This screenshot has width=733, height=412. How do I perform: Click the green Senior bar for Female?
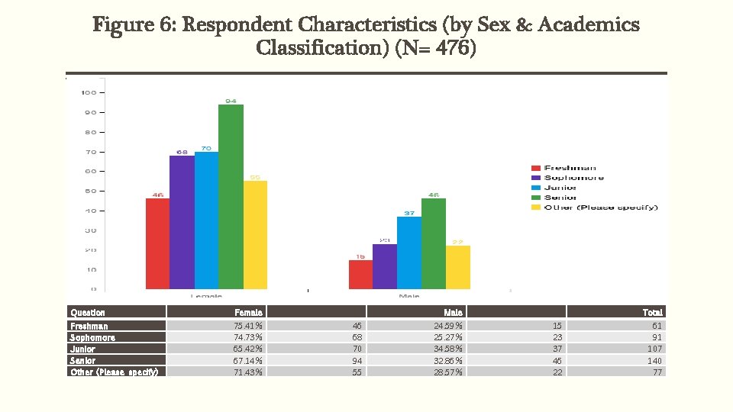pos(231,196)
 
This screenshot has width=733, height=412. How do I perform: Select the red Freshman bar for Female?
pos(157,243)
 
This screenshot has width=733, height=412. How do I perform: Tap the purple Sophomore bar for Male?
pos(385,266)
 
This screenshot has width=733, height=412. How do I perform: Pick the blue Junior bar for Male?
pos(409,253)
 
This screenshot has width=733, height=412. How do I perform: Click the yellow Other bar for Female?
pos(255,234)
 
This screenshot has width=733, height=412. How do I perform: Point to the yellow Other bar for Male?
pos(458,267)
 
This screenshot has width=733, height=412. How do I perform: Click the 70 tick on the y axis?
pos(89,152)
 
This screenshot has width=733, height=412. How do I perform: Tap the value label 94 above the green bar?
pos(231,100)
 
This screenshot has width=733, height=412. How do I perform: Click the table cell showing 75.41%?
pos(248,326)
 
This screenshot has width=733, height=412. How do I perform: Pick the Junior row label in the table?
pos(83,349)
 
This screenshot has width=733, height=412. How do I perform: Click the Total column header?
pos(652,312)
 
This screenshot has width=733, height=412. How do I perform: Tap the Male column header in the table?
pos(453,312)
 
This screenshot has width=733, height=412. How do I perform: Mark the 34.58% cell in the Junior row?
pos(447,349)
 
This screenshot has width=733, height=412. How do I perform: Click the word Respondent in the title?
pos(242,25)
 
